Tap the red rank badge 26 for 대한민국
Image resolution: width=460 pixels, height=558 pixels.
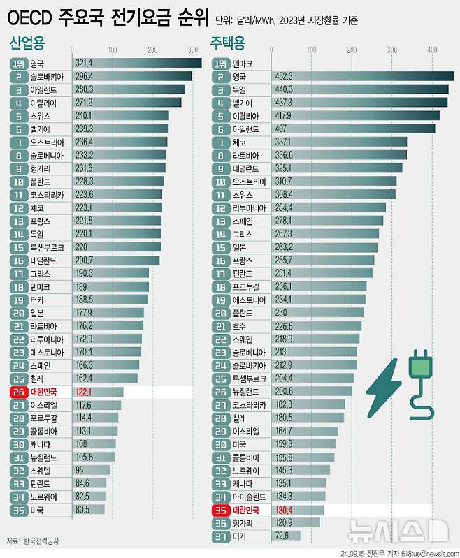click(x=18, y=392)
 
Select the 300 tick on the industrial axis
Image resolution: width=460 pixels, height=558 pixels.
click(x=192, y=50)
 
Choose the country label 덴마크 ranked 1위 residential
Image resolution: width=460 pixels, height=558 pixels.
click(x=243, y=64)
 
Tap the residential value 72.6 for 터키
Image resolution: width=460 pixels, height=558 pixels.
click(x=284, y=536)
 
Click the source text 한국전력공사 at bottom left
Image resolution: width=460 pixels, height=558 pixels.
click(x=42, y=541)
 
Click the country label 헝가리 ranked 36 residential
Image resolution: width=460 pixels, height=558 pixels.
click(x=243, y=523)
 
